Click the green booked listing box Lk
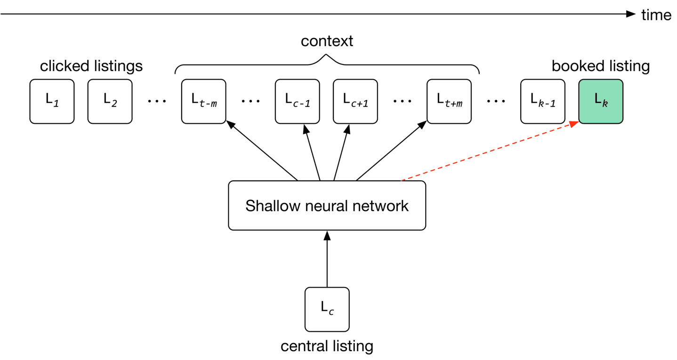pyautogui.click(x=600, y=101)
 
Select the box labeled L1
pyautogui.click(x=52, y=101)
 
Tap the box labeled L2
pyautogui.click(x=110, y=101)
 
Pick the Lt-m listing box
pyautogui.click(x=203, y=101)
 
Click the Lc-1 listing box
pyautogui.click(x=297, y=101)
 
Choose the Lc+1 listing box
pyautogui.click(x=355, y=101)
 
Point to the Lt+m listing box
pyautogui.click(x=449, y=101)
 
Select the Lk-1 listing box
pyautogui.click(x=542, y=101)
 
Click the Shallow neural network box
pyautogui.click(x=327, y=206)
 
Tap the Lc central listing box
pyautogui.click(x=327, y=309)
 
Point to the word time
pyautogui.click(x=656, y=15)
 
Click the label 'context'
pyautogui.click(x=327, y=41)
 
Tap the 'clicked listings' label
pyautogui.click(x=91, y=66)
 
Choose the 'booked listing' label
pyautogui.click(x=600, y=66)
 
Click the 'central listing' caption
pyautogui.click(x=327, y=346)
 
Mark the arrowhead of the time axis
pyautogui.click(x=631, y=14)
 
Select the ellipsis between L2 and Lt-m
pyautogui.click(x=157, y=101)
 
